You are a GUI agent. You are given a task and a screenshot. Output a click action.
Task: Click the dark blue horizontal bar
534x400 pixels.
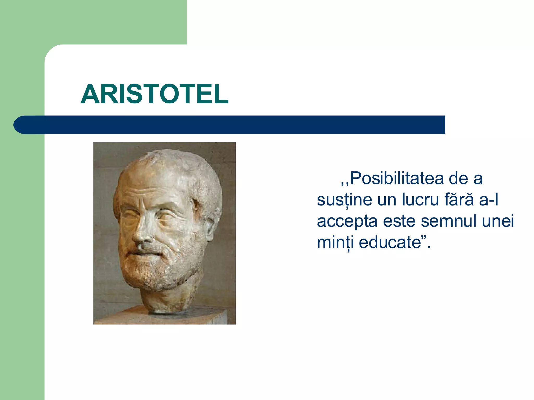235,125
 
